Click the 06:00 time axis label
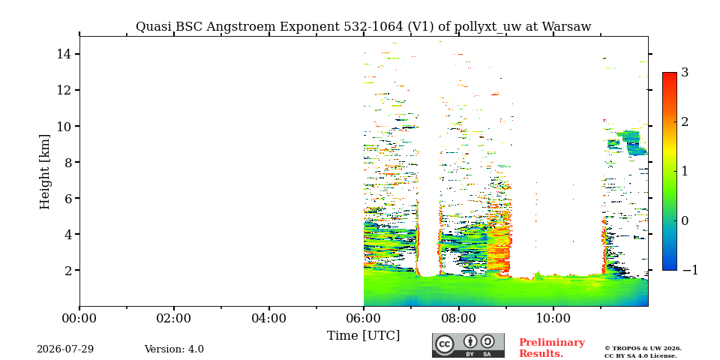point(364,318)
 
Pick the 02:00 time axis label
point(174,318)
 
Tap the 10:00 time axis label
point(553,318)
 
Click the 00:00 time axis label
point(79,318)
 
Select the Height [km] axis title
point(44,172)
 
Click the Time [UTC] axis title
point(363,336)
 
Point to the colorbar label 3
point(685,73)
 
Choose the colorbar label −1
point(690,270)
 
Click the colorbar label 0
point(685,220)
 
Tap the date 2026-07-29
point(65,349)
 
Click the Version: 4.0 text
point(174,349)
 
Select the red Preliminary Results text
point(552,348)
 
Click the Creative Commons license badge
point(468,345)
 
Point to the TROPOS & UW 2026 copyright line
point(643,349)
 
